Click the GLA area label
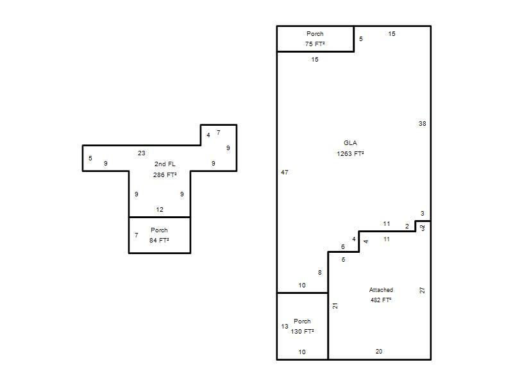[350, 142]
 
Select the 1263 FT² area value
[350, 153]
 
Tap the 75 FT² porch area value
[315, 44]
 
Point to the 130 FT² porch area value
[302, 331]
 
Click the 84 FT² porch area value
[159, 240]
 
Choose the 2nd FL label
[165, 164]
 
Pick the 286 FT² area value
[165, 175]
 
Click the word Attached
[381, 290]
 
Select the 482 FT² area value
[381, 300]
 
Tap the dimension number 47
[285, 172]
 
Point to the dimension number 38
[423, 123]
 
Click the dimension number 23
[141, 153]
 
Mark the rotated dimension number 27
[422, 290]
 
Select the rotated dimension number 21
[335, 306]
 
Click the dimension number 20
[379, 351]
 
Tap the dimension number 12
[160, 210]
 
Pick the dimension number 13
[285, 327]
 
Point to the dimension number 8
[319, 272]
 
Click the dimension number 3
[423, 214]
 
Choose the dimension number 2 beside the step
[407, 227]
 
